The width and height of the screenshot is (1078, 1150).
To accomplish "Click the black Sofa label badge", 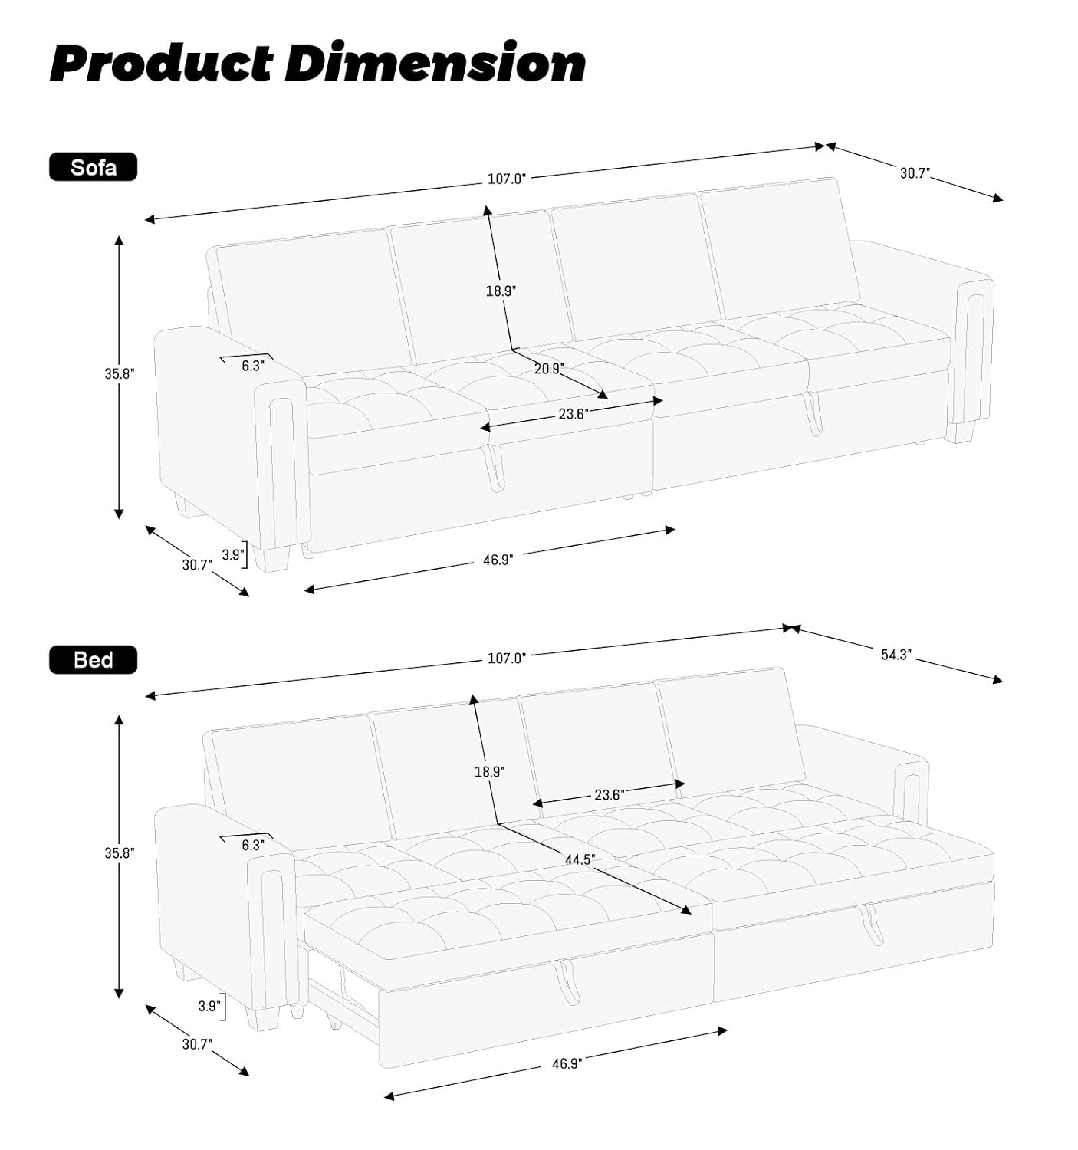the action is click(x=94, y=167).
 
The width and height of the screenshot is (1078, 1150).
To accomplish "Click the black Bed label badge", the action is click(x=94, y=660).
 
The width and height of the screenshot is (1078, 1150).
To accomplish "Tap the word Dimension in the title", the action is click(x=435, y=62).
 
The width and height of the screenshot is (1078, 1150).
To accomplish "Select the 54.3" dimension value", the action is click(x=897, y=655).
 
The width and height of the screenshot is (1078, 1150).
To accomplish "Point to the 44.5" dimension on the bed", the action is click(x=580, y=859).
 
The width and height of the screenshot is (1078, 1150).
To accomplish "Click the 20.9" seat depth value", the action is click(x=548, y=368).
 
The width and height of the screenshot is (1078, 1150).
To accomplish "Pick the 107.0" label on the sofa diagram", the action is click(x=506, y=179).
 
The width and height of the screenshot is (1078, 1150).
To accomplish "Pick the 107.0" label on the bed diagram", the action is click(x=506, y=658).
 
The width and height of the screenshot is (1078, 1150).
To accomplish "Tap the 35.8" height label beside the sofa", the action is click(x=120, y=373).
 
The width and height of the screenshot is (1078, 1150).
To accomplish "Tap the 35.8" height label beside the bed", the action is click(x=120, y=853).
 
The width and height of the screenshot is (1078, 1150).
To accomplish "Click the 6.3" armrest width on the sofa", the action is click(x=253, y=366).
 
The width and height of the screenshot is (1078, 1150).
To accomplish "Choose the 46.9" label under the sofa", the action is click(x=498, y=560).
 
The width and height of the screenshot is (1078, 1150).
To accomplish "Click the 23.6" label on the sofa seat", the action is click(x=574, y=414).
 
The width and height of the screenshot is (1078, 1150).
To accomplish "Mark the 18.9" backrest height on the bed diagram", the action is click(x=489, y=771).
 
